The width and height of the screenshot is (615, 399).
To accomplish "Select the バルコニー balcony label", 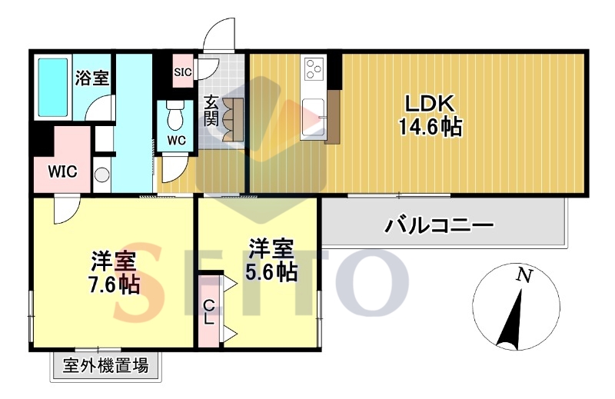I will [x=439, y=226].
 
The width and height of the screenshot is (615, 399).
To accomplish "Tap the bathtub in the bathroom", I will [x=52, y=86].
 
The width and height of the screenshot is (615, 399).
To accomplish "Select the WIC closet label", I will [x=62, y=171].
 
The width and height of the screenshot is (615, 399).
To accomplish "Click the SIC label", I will [x=182, y=73].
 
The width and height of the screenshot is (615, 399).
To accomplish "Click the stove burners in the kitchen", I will [x=314, y=71].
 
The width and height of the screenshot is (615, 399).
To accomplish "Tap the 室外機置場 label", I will [x=106, y=366].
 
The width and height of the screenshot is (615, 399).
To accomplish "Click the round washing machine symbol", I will [x=102, y=174].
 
